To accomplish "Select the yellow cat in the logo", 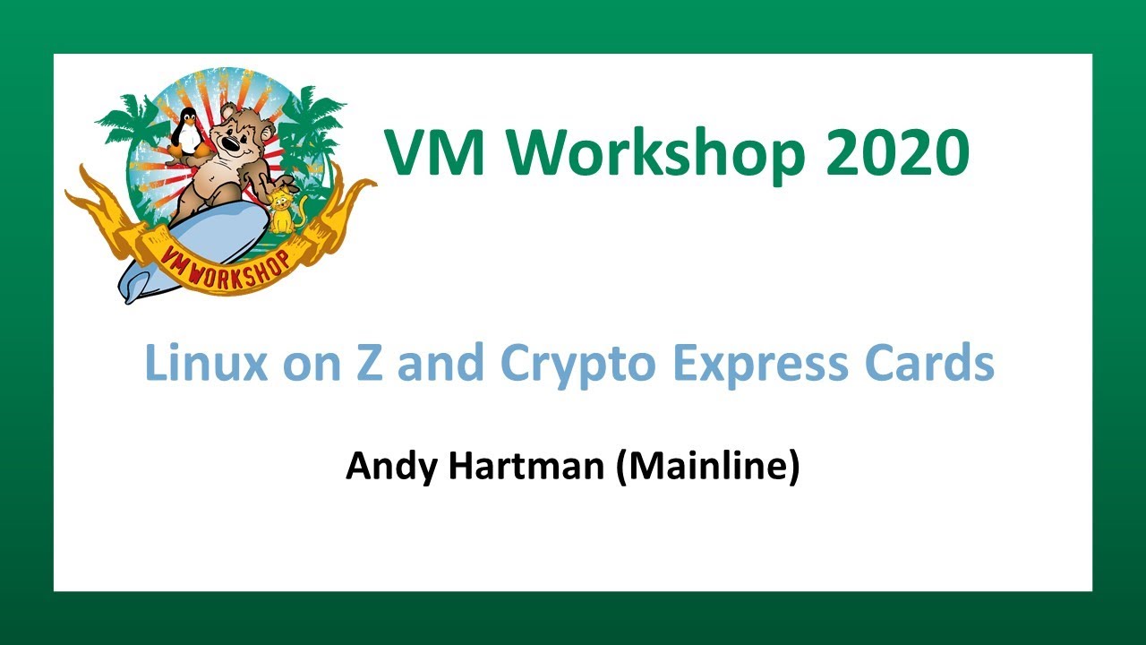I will click(285, 211).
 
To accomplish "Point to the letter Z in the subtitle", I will click(375, 363).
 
